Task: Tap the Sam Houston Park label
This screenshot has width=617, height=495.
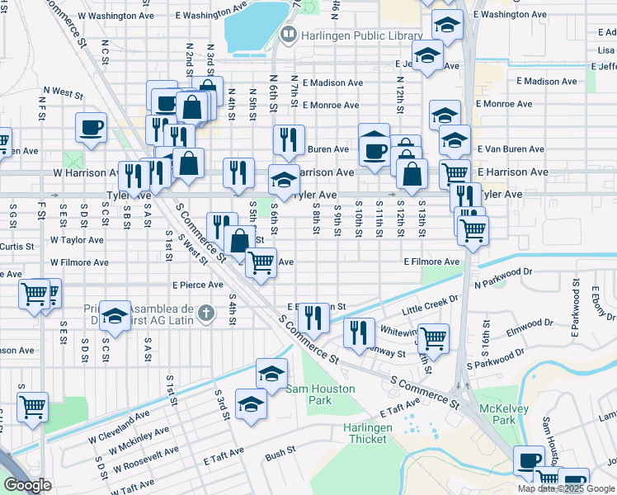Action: (x=320, y=394)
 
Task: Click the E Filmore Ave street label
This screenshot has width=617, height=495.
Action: (x=431, y=262)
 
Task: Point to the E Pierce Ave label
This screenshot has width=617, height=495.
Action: (x=198, y=285)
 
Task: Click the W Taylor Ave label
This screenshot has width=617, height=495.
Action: (x=77, y=240)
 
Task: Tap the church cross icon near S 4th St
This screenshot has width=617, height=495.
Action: (x=205, y=312)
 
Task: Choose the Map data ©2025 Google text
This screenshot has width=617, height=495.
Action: (x=567, y=488)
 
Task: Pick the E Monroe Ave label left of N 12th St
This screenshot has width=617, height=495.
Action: (x=330, y=106)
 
